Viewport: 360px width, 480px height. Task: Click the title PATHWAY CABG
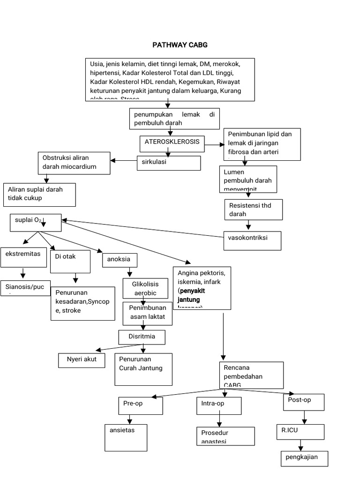(180, 45)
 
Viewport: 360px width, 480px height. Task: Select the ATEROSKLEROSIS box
(172, 144)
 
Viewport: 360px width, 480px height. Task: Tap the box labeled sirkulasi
(169, 163)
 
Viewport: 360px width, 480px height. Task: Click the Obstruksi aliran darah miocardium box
(74, 163)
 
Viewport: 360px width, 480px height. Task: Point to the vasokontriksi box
(252, 240)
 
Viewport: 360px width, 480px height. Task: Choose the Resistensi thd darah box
(253, 209)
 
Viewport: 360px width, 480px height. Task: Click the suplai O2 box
(36, 223)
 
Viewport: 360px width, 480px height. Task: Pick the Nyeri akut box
(82, 360)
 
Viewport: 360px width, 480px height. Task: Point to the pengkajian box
(304, 459)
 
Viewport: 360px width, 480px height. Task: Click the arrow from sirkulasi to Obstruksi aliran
(124, 161)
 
